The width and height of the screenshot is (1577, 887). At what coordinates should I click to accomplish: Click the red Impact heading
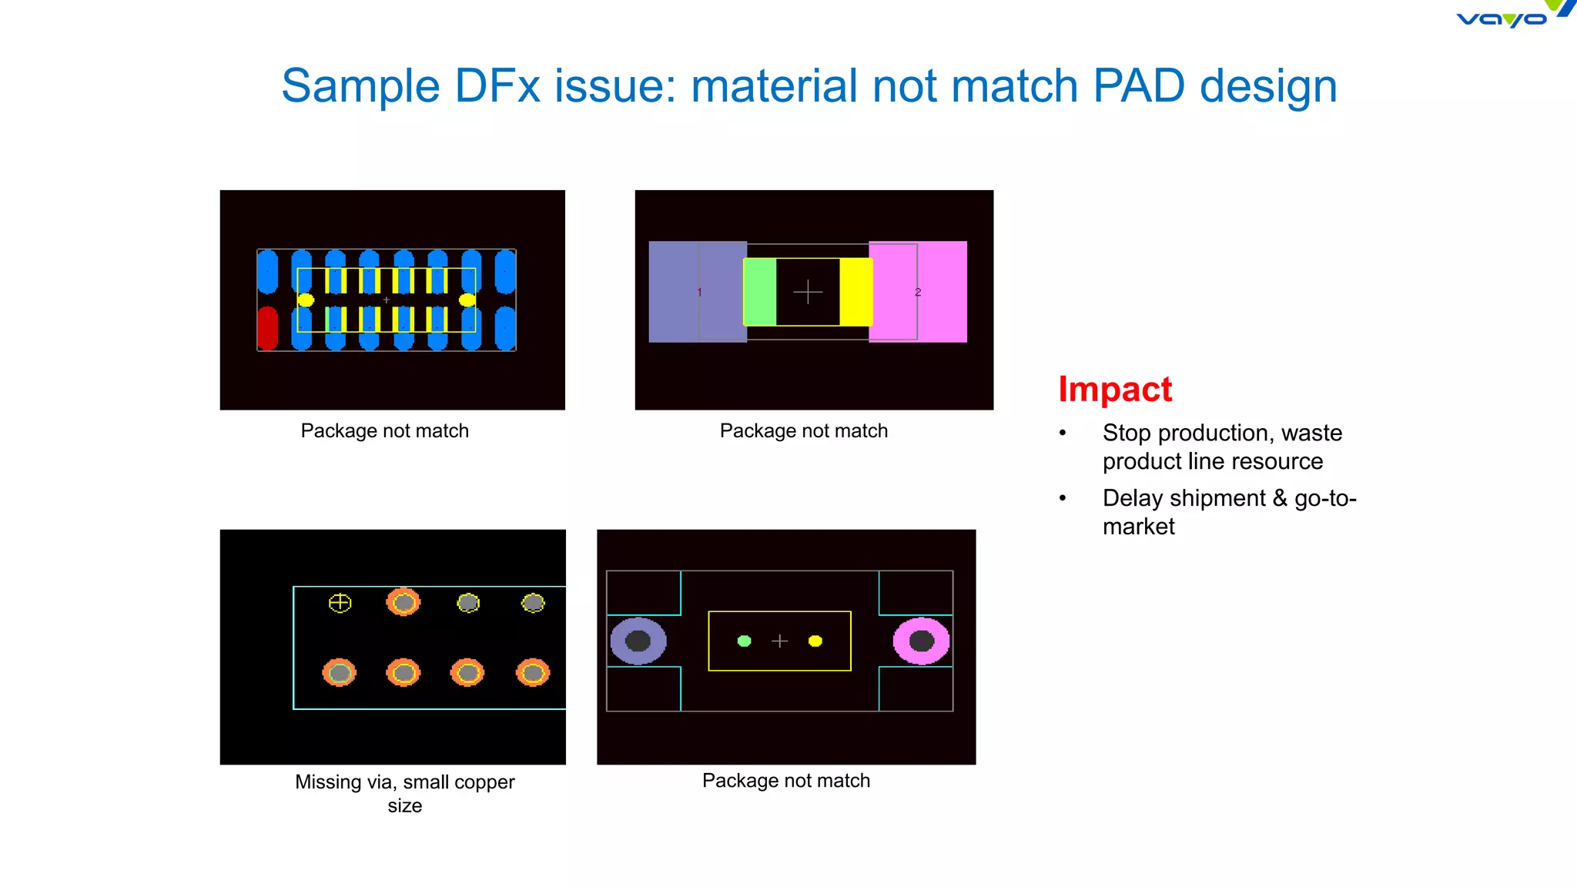pyautogui.click(x=1114, y=389)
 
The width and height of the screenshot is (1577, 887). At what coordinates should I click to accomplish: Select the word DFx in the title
pyautogui.click(x=497, y=85)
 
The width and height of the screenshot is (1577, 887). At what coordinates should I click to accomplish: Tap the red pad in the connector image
pyautogui.click(x=267, y=327)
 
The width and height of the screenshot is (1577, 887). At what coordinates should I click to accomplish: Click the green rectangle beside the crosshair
pyautogui.click(x=760, y=292)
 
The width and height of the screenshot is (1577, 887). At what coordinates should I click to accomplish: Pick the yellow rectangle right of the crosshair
pyautogui.click(x=855, y=292)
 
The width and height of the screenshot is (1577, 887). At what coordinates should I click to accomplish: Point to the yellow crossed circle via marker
pyautogui.click(x=340, y=603)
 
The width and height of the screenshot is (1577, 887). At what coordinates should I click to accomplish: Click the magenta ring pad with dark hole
pyautogui.click(x=921, y=641)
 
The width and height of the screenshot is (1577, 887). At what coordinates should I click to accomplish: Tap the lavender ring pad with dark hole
pyautogui.click(x=638, y=641)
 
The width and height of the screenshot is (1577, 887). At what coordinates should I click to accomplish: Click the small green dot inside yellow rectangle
pyautogui.click(x=744, y=641)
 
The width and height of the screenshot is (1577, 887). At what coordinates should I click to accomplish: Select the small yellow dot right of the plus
pyautogui.click(x=815, y=641)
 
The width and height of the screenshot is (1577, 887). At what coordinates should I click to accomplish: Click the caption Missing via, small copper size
pyautogui.click(x=404, y=792)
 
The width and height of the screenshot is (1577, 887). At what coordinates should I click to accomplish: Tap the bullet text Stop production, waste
pyautogui.click(x=1221, y=433)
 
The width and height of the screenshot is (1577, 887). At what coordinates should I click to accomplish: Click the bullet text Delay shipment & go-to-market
pyautogui.click(x=1228, y=511)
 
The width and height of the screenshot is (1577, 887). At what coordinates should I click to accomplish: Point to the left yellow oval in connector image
pyautogui.click(x=306, y=300)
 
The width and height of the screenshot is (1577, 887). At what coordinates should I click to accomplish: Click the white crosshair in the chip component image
pyautogui.click(x=808, y=292)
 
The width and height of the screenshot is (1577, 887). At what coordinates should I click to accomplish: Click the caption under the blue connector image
pyautogui.click(x=384, y=430)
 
